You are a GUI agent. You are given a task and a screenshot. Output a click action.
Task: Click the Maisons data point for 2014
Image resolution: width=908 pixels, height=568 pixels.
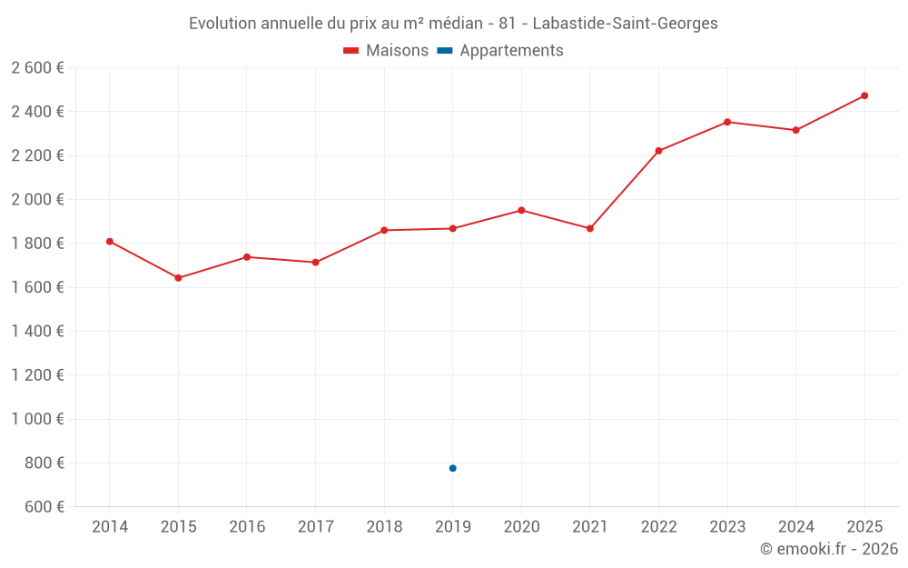109,242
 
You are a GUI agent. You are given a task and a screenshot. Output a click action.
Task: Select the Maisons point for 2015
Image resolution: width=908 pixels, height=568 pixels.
178,278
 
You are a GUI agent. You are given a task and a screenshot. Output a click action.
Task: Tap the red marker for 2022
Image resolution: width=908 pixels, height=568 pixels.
658,151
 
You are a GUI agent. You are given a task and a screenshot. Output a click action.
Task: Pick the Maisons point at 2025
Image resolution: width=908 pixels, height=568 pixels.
864,95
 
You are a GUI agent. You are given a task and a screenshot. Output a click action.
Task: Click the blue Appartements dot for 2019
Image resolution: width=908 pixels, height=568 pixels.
452,468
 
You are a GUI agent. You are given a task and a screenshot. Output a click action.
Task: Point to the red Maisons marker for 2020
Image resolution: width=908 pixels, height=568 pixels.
521,210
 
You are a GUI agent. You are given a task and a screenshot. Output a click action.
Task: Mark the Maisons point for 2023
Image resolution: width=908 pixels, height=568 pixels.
727,122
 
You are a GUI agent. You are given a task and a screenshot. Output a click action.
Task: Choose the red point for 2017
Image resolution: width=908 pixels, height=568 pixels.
315,263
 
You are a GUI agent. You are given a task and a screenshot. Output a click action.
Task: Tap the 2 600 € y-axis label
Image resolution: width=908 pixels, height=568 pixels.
38,67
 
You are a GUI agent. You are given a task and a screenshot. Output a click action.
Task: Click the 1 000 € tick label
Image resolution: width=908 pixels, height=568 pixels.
38,419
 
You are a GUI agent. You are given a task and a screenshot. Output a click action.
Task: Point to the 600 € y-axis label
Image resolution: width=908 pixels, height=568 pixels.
43,506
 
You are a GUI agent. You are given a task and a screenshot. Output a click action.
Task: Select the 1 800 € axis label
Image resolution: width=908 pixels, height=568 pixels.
38,244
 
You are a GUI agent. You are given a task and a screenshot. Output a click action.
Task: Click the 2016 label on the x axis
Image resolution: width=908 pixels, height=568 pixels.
247,527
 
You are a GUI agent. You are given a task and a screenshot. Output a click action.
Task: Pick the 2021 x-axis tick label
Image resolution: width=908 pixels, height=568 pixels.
590,527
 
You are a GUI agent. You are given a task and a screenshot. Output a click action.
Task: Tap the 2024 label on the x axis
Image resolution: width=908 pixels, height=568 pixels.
795,527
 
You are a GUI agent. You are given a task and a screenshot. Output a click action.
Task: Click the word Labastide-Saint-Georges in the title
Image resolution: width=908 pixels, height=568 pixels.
625,24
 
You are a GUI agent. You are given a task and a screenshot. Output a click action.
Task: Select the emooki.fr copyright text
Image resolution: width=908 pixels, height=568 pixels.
829,549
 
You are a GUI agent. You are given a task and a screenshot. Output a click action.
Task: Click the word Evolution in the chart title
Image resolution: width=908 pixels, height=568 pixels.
222,24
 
